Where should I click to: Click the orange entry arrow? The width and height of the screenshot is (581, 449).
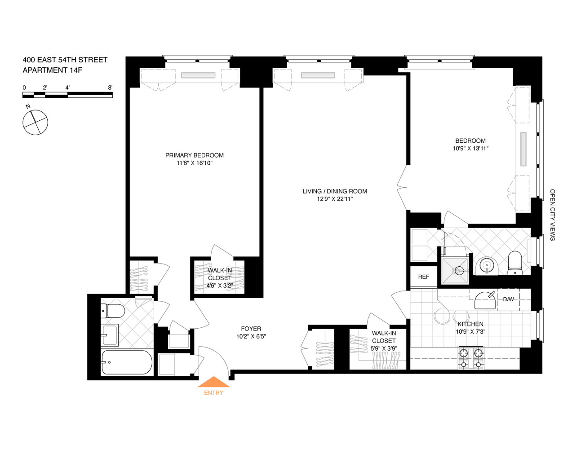(213, 382)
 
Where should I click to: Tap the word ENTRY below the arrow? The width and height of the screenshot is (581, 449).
(213, 393)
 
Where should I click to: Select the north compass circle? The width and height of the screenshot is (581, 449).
(35, 122)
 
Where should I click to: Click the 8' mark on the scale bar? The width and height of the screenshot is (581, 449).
(110, 88)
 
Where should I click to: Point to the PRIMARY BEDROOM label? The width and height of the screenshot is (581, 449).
(194, 155)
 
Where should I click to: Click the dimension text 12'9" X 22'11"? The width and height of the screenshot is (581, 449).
(335, 199)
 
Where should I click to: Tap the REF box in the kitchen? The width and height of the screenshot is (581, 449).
(423, 277)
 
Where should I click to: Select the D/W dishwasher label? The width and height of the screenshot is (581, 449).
(508, 299)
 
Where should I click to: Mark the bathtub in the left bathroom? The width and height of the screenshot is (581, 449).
(126, 362)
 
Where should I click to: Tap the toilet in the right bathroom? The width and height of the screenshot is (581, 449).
(514, 263)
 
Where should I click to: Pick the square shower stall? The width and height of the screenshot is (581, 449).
(455, 270)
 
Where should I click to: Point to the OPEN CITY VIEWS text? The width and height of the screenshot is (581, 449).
(552, 215)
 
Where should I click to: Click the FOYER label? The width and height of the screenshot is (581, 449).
(251, 329)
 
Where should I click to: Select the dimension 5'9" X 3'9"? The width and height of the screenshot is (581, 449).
(384, 348)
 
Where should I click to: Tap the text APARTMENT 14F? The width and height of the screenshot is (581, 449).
(53, 70)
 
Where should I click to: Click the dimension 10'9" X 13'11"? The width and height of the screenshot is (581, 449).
(470, 149)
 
